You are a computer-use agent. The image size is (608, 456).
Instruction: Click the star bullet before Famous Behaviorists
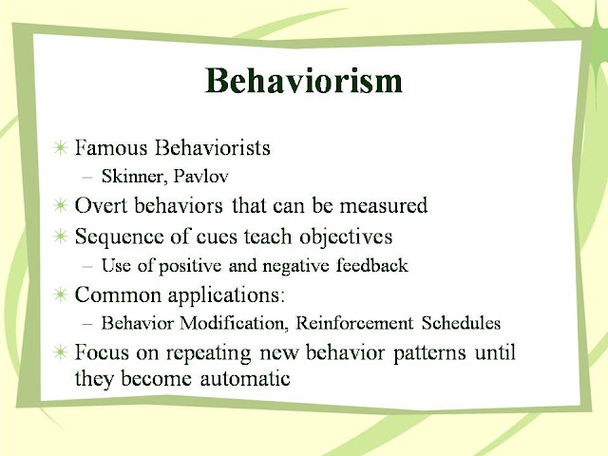click(x=60, y=149)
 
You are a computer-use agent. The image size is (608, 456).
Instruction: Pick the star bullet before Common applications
click(x=60, y=294)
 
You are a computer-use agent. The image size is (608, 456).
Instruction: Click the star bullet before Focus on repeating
click(x=60, y=351)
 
